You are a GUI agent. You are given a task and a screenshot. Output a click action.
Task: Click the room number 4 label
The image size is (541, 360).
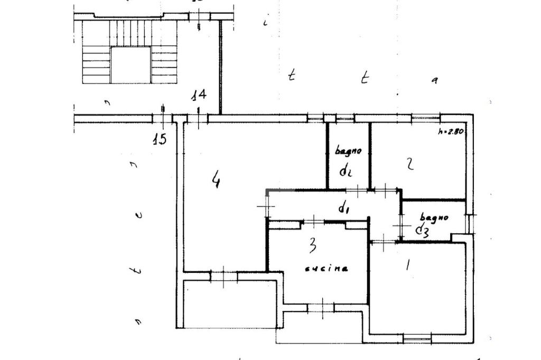coord(215,181)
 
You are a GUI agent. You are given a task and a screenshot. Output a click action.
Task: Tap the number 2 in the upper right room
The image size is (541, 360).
coord(409,165)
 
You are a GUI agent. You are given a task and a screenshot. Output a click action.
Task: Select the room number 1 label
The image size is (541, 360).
coord(407,264)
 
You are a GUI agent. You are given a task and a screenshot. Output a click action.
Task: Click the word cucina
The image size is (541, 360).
coord(327,269)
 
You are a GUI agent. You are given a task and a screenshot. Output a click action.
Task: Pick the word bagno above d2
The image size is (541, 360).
coord(348,151)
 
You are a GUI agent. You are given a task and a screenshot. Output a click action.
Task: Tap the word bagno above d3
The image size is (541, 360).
coord(434,217)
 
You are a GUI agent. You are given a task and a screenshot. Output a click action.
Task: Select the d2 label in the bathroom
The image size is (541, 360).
coord(346,170)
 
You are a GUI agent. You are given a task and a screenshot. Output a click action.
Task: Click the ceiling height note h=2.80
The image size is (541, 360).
coord(451,132)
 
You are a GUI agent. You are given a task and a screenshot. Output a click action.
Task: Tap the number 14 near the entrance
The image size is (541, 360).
coord(199,96)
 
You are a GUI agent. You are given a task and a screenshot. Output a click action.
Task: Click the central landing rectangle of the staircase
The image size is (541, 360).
coord(130,64)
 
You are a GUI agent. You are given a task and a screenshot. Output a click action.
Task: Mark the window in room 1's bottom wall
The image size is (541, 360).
coord(417,337)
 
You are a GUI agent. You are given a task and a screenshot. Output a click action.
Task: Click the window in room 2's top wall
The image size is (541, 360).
coord(425,118)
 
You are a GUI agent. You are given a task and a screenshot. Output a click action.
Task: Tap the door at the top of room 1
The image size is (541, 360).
coord(384,242)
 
